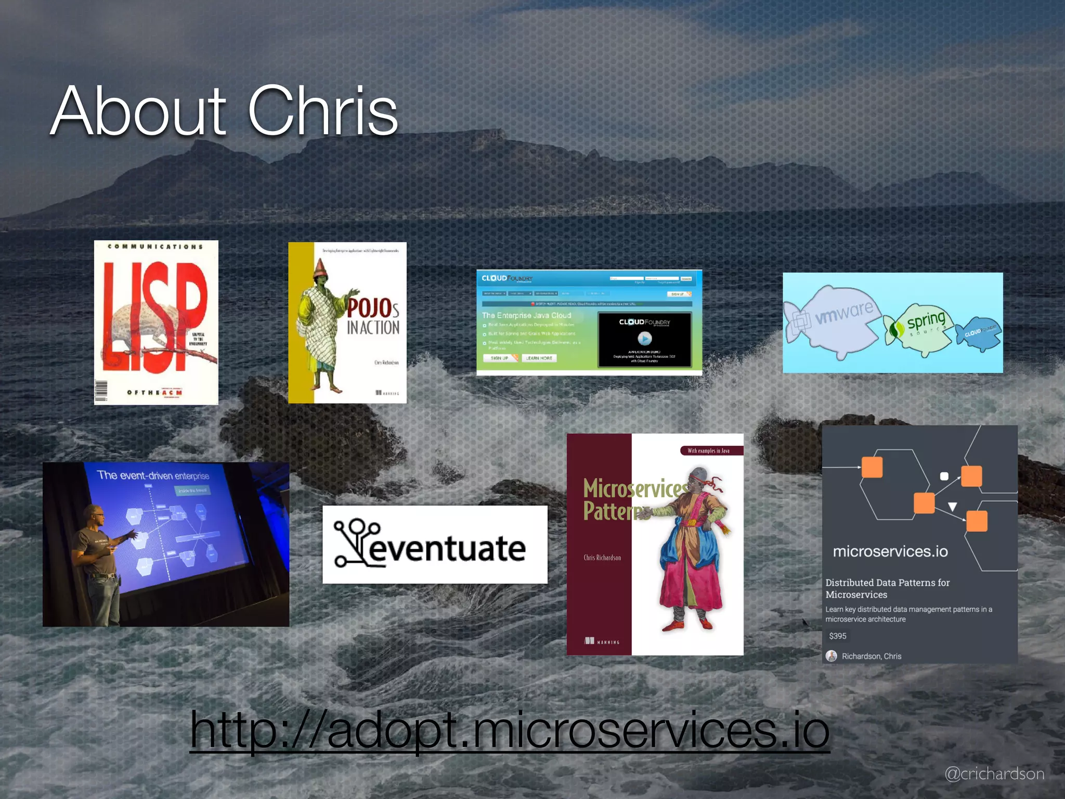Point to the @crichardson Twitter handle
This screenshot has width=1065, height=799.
point(994,774)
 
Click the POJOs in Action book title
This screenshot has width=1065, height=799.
point(373,317)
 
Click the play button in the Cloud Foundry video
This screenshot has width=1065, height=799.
point(644,339)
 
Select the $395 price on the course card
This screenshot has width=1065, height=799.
point(837,636)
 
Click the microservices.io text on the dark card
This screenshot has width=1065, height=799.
point(890,551)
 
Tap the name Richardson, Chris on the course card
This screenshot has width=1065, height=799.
point(871,656)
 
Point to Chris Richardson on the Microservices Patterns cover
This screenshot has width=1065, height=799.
point(602,558)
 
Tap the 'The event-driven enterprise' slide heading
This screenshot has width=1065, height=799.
point(153,475)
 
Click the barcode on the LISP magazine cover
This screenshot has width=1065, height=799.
point(101,391)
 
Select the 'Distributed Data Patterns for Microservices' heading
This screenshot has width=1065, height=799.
point(887,588)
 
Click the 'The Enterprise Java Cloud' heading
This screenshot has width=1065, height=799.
point(526,315)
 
